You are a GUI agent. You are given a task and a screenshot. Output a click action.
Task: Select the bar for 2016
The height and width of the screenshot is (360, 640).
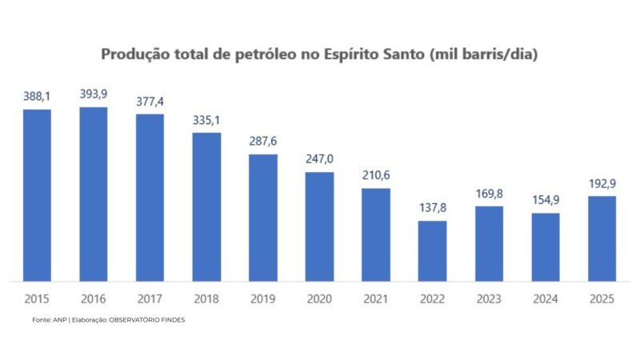[94, 194]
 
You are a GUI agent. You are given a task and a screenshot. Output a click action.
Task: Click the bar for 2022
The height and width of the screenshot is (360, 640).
[432, 250]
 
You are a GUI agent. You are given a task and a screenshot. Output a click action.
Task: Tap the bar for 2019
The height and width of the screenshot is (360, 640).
[262, 217]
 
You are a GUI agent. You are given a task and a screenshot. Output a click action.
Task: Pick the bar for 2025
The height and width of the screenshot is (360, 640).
[602, 238]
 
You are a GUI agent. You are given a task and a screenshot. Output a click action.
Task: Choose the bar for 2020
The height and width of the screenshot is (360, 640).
[319, 226]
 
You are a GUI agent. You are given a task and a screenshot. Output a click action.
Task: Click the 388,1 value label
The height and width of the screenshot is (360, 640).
[37, 96]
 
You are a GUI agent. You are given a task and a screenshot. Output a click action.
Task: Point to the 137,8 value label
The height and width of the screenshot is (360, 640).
[432, 208]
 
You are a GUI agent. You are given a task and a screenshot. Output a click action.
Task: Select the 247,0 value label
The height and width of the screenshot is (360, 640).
[319, 158]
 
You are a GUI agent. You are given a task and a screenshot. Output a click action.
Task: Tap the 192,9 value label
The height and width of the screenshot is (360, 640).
[602, 183]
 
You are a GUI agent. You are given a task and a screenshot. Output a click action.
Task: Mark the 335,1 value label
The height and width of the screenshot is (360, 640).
[206, 120]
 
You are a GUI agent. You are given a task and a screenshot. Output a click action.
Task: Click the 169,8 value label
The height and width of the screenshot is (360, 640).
[489, 193]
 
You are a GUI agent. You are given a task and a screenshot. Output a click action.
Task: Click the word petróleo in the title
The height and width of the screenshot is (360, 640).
[271, 55]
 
